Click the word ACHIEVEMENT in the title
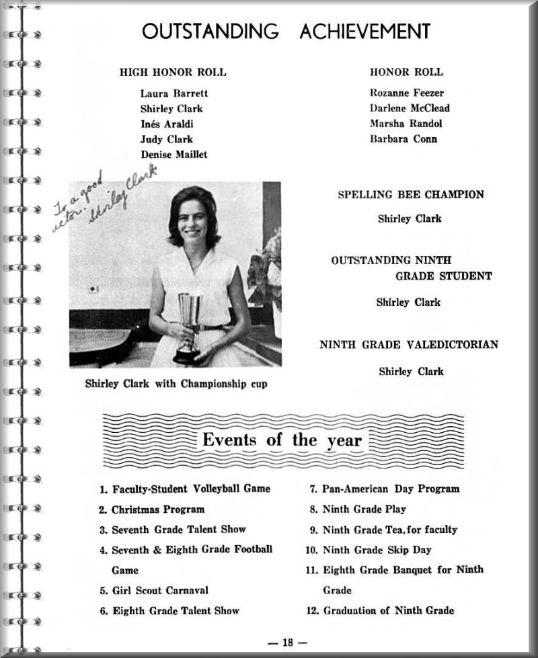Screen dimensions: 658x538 tap(364, 31)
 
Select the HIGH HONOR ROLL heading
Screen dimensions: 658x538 tap(173, 72)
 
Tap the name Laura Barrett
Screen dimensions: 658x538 tap(174, 93)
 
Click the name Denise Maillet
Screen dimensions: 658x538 tap(174, 155)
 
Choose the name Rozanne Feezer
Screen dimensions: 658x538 tap(407, 93)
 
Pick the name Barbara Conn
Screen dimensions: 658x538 tap(403, 139)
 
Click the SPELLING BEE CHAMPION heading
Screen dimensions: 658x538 tap(410, 195)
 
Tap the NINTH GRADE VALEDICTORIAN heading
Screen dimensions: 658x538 tap(409, 345)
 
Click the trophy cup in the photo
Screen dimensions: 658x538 tap(188, 323)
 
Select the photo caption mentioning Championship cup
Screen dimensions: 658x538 tap(176, 384)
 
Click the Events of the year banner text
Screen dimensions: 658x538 tap(282, 441)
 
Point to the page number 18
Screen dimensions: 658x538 tap(288, 643)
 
